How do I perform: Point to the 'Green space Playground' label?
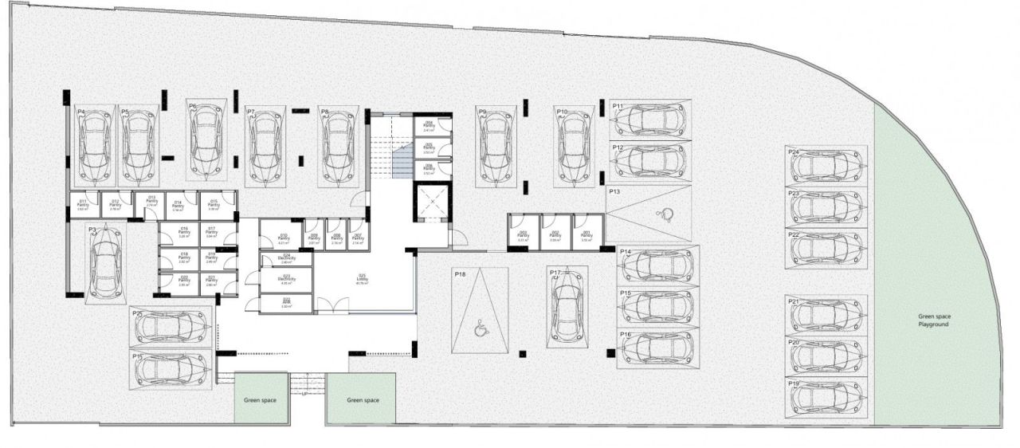click(x=933, y=320)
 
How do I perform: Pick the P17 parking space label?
click(x=555, y=273)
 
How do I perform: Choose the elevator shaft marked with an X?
click(x=431, y=203)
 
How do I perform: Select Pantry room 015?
click(x=214, y=205)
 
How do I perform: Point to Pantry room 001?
click(x=586, y=234)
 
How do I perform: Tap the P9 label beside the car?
click(x=482, y=112)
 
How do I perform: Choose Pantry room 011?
click(x=83, y=205)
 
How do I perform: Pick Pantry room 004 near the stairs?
click(x=429, y=125)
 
